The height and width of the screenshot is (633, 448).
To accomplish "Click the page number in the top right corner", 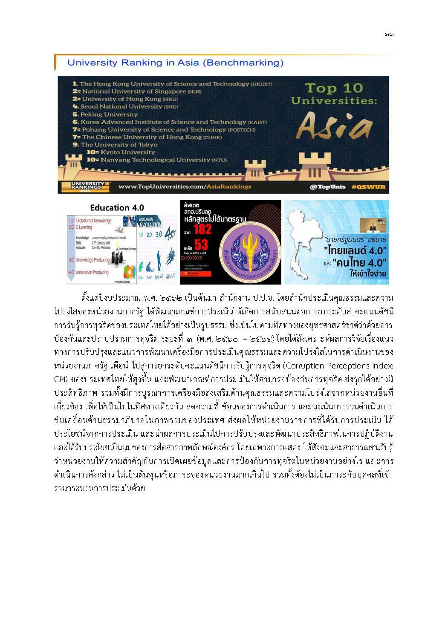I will click(x=388, y=35).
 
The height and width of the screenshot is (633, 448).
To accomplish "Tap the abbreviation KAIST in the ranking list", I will click(x=257, y=122).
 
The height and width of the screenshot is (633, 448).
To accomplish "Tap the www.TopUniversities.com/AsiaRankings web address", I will click(x=185, y=187).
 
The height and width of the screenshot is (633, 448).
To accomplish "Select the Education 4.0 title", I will click(x=117, y=208).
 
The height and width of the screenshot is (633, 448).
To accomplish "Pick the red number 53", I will click(x=201, y=245).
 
